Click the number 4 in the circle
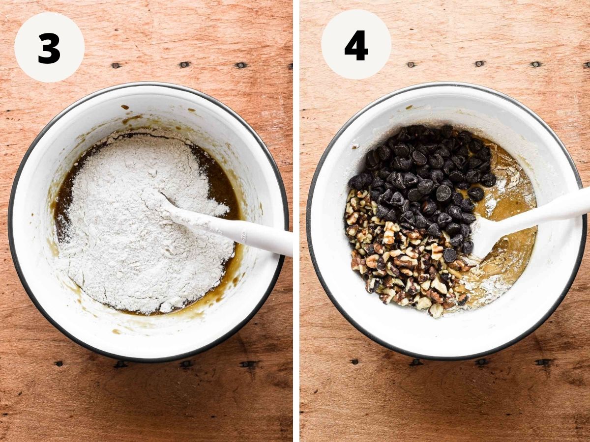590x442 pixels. tap(356, 46)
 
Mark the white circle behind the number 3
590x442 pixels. tap(50, 47)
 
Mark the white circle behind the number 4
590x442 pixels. tap(356, 45)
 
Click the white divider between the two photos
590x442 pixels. tap(296, 221)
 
